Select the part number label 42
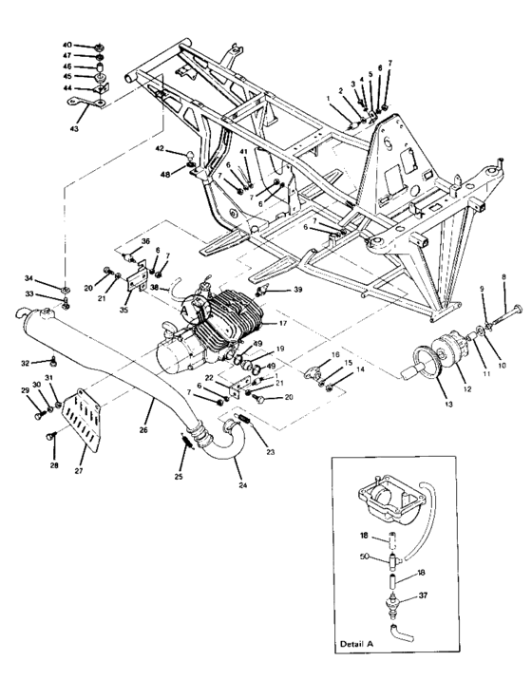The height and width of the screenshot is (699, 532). [161, 148]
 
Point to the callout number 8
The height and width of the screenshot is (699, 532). [504, 275]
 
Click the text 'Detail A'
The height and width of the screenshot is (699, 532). [357, 645]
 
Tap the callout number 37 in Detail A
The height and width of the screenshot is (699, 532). [423, 596]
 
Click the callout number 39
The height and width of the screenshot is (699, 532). [298, 290]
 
